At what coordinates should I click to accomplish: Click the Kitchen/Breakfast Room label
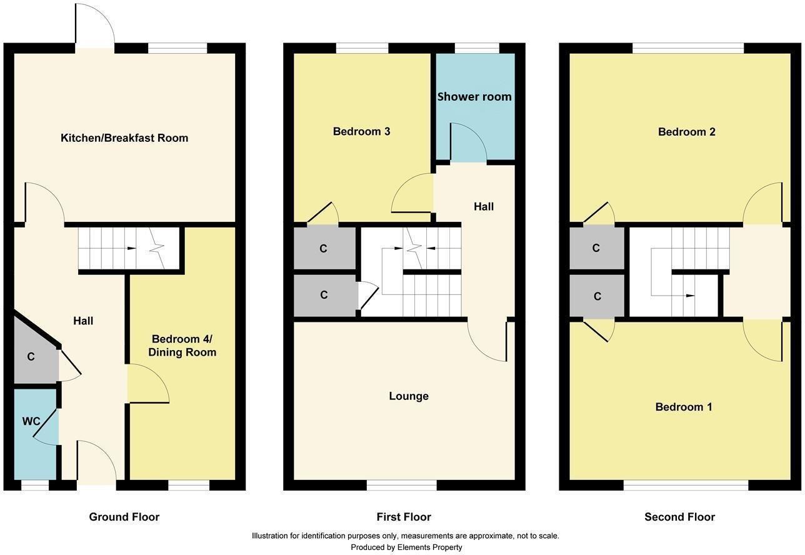[x=124, y=138]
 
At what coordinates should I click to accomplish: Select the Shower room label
[x=474, y=97]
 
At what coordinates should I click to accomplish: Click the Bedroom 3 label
[x=361, y=131]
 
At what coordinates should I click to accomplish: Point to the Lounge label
[x=409, y=396]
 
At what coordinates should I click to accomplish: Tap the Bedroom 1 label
[x=684, y=407]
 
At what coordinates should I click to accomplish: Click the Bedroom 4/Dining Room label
[x=182, y=346]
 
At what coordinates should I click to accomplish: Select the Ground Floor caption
[x=124, y=517]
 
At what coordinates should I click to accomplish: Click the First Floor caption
[x=404, y=517]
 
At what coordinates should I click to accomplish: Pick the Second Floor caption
[x=679, y=517]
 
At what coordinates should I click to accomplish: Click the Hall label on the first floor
[x=483, y=206]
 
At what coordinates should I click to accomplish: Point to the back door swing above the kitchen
[x=95, y=25]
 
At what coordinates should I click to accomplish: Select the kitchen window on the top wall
[x=177, y=48]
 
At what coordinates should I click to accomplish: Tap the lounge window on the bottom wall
[x=401, y=485]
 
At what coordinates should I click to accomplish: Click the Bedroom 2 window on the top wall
[x=687, y=48]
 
